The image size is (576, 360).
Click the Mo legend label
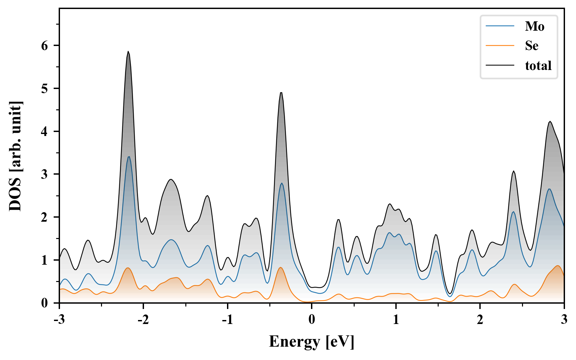pos(534,26)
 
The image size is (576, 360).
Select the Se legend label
pos(531,46)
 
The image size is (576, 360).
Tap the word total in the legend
pos(538,65)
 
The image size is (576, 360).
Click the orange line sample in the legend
pos(500,46)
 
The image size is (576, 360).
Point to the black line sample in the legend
pos(500,65)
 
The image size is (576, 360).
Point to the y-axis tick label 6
pos(45,46)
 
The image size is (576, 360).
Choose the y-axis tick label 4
pos(45,131)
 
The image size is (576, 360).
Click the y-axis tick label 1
pos(45,260)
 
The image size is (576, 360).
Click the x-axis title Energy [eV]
pos(312,342)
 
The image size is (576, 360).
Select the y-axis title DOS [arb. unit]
pos(15,156)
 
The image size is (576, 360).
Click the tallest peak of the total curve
pos(128,52)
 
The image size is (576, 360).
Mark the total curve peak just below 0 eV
pos(281,93)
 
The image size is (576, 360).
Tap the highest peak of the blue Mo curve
pos(129,157)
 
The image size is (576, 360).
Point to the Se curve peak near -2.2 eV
pos(128,268)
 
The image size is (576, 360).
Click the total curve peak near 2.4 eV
pos(514,171)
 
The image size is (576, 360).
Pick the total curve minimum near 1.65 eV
pos(450,293)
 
